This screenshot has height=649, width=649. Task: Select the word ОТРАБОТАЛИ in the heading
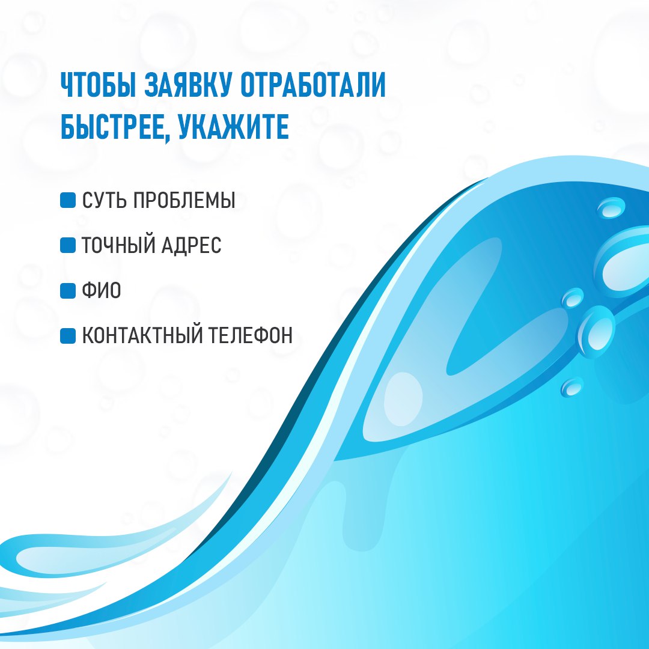313,85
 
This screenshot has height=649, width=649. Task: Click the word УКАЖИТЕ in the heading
233,126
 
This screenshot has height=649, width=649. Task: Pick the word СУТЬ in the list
105,200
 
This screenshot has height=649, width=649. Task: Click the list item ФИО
102,290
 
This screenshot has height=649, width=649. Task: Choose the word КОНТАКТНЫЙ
141,335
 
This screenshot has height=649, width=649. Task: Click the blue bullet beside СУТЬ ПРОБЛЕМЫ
68,200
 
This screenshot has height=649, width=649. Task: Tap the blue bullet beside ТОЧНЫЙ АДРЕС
68,245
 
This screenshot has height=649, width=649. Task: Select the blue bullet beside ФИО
68,291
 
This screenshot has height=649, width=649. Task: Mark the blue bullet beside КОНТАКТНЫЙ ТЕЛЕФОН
68,336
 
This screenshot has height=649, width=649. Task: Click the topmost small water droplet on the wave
611,207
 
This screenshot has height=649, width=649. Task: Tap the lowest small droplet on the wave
573,387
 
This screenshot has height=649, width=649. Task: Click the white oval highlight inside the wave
403,399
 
